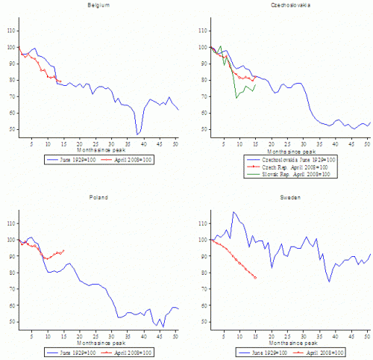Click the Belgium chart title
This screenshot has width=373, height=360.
click(x=96, y=7)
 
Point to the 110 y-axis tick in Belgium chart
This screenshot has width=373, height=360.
click(x=10, y=31)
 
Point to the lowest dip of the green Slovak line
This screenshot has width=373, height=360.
click(x=237, y=98)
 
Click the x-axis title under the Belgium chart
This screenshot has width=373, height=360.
click(x=96, y=150)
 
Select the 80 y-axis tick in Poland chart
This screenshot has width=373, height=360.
click(x=10, y=273)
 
